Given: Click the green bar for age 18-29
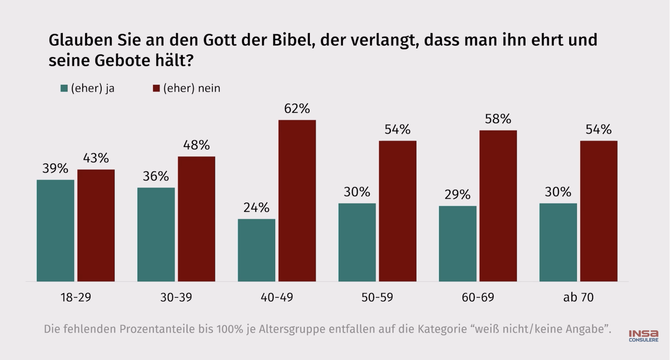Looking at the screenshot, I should point(55,230).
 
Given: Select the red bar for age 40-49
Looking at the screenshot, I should point(297,201).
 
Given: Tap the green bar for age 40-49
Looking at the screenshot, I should point(257,250).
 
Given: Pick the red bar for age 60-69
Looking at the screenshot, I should point(498,206).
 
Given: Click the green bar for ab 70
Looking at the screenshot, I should point(558,242).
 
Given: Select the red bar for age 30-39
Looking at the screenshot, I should point(197,219).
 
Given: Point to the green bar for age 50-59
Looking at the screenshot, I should point(357,242).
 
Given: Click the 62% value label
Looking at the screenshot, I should point(297,109).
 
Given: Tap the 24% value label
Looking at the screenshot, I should point(257,207).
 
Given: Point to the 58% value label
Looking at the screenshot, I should point(498,119).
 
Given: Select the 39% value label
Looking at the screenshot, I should point(55,168).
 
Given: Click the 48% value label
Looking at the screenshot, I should point(197,145).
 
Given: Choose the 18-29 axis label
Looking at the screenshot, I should point(76,297).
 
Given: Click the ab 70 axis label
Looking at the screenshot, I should point(578,297).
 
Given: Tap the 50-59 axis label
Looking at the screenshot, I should point(377,297).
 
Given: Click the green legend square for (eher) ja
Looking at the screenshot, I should point(64,88).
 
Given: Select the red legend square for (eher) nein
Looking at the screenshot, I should point(156,88).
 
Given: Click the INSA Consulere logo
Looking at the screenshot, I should point(644,336).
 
